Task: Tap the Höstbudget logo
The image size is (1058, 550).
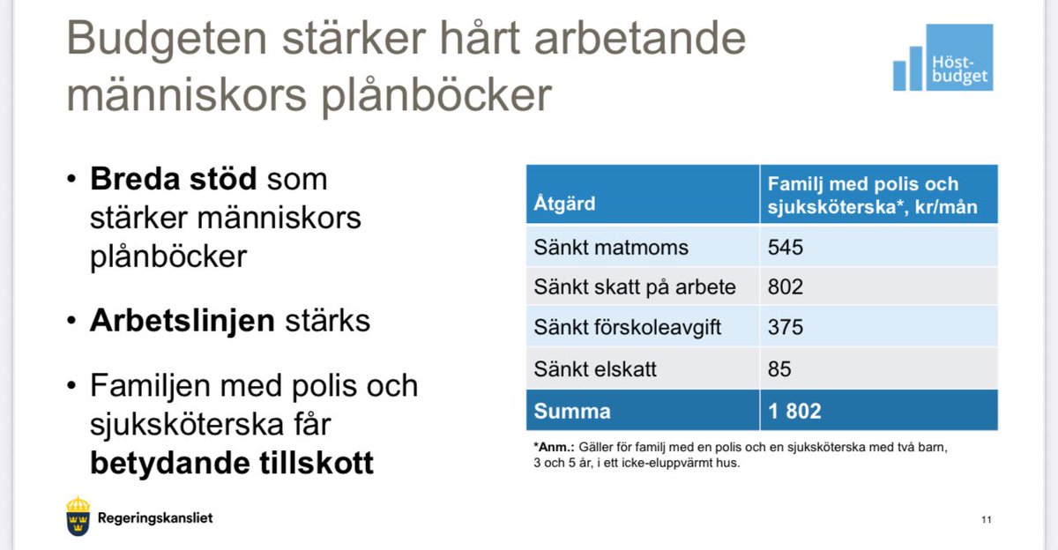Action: (x=943, y=58)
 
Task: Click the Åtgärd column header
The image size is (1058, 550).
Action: (x=564, y=204)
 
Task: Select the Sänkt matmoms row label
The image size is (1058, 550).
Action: (x=610, y=247)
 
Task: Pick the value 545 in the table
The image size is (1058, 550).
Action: (x=786, y=247)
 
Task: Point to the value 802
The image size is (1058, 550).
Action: (x=786, y=287)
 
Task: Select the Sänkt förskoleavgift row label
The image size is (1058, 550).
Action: (x=627, y=328)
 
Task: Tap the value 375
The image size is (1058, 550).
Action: (x=786, y=328)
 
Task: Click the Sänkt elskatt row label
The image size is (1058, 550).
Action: (x=595, y=368)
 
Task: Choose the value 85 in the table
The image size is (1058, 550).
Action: (x=780, y=368)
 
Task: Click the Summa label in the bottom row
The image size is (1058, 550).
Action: (x=571, y=411)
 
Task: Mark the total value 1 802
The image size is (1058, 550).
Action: (x=794, y=411)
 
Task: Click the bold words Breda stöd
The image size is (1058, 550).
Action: (x=173, y=179)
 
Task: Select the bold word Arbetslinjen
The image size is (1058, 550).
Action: (x=183, y=320)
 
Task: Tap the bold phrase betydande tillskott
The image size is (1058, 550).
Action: (x=231, y=462)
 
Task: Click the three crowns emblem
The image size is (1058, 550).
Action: (x=78, y=517)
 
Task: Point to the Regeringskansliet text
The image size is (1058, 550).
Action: (x=155, y=518)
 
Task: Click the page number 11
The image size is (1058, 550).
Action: (x=987, y=519)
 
